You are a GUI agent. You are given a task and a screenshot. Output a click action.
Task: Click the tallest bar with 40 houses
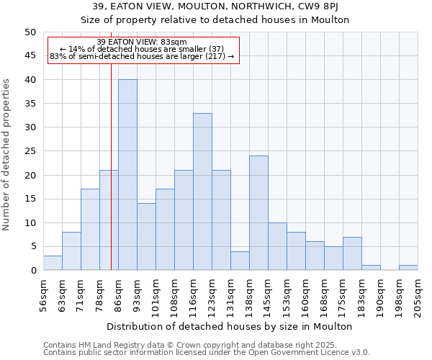pos(127,175)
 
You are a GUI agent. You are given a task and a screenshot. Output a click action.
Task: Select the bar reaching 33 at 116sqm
pos(202,192)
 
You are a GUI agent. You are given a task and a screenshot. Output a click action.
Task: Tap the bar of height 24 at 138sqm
pos(258,213)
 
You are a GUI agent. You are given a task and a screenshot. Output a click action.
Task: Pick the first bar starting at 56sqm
pos(53,263)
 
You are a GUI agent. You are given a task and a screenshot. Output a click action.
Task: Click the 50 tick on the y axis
pos(30,32)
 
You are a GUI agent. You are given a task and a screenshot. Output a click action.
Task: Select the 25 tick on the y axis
pos(30,151)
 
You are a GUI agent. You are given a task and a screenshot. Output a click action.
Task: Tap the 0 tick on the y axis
pos(33,271)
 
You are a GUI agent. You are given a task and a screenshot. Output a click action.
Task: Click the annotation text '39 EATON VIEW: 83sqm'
pos(142,42)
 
